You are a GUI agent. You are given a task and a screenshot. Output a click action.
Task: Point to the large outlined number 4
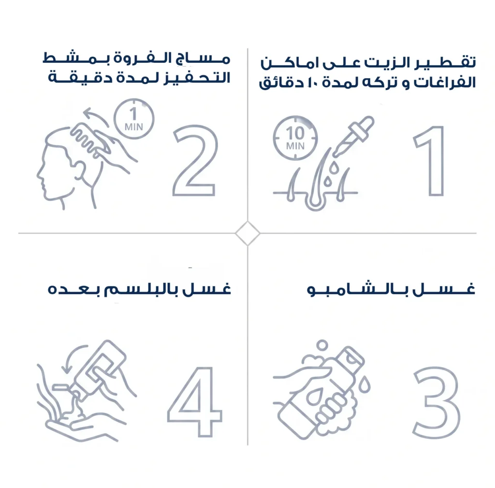pyautogui.click(x=202, y=401)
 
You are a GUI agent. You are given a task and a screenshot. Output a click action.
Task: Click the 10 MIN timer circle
pyautogui.click(x=275, y=138)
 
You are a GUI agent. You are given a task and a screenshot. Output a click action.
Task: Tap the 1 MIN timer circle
pyautogui.click(x=115, y=119)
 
